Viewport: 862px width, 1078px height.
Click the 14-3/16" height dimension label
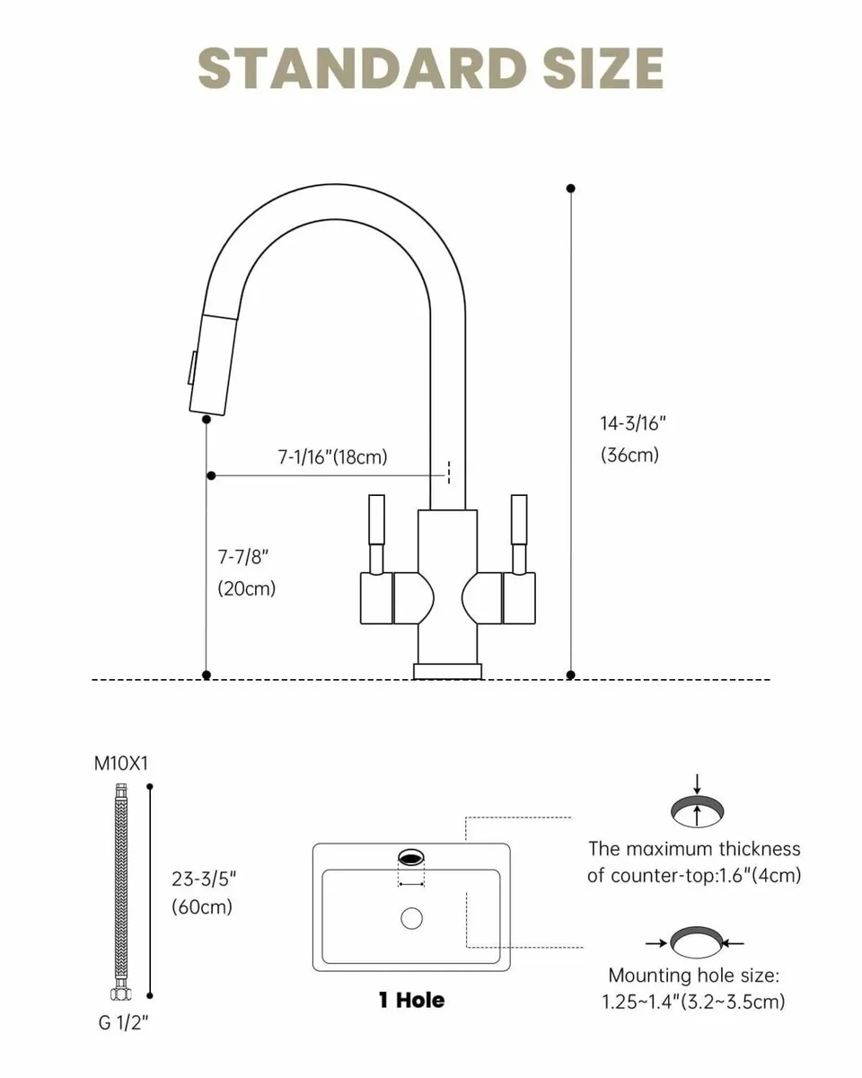pyautogui.click(x=633, y=422)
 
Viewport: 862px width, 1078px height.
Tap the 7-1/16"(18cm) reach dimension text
pyautogui.click(x=331, y=456)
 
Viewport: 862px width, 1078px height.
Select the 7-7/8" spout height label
pyautogui.click(x=243, y=557)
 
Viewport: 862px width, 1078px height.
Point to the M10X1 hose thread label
pyautogui.click(x=121, y=764)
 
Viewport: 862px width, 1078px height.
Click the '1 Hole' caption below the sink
pyautogui.click(x=411, y=1000)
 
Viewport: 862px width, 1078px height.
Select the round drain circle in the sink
pyautogui.click(x=411, y=918)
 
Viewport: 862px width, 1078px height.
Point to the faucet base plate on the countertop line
pyautogui.click(x=447, y=670)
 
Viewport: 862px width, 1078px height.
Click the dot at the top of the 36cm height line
pyautogui.click(x=571, y=189)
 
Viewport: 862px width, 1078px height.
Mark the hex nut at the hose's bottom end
pyautogui.click(x=119, y=995)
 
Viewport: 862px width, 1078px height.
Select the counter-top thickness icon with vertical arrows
pyautogui.click(x=697, y=810)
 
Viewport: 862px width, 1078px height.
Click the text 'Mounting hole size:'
pyautogui.click(x=693, y=976)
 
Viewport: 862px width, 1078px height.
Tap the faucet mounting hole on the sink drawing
pyautogui.click(x=411, y=858)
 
